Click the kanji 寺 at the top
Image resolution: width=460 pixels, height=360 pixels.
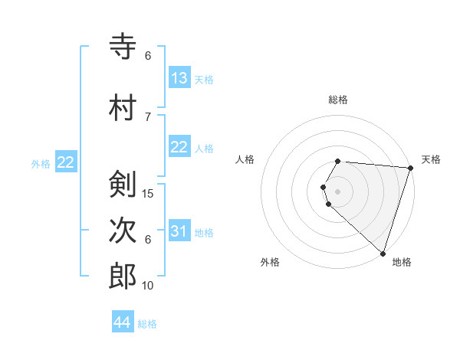coord(123,47)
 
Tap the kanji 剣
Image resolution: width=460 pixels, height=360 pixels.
coord(123,185)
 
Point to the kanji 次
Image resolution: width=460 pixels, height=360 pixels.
coord(123,231)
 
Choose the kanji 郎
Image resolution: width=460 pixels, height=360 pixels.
coord(123,276)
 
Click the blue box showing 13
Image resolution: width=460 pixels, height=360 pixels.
coord(179,78)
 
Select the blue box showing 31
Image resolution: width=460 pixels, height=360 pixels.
coord(179,231)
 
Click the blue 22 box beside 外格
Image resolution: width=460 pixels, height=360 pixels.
coord(66,162)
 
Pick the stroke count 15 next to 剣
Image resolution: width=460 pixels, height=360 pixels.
coord(149,193)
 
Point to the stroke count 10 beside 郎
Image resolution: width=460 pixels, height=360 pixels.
coord(149,285)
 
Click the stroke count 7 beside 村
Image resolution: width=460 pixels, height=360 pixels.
coord(148,116)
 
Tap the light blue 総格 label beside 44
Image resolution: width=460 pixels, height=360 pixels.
coord(147,324)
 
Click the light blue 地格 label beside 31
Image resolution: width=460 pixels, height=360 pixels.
coord(204,232)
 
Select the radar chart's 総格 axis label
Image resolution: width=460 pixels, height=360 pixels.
coord(338,100)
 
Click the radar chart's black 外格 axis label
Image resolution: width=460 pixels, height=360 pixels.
coord(270,262)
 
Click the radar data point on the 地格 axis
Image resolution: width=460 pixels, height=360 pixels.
coord(383,253)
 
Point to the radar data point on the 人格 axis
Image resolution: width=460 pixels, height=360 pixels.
coord(324,187)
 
